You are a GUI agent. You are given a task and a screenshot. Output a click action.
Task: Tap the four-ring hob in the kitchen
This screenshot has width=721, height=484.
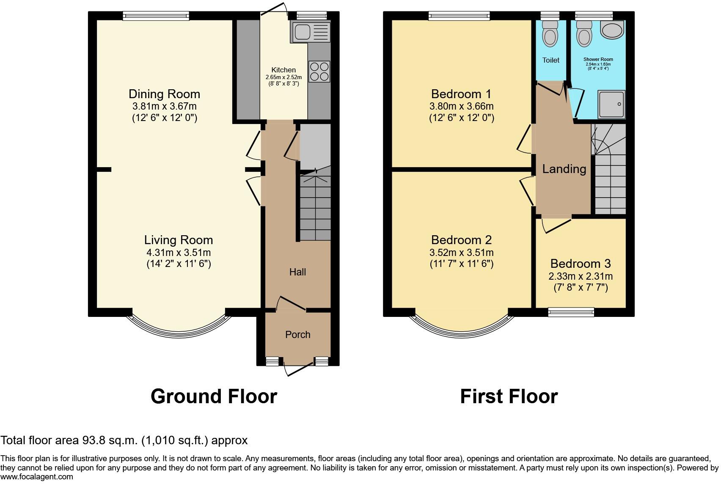(319, 71)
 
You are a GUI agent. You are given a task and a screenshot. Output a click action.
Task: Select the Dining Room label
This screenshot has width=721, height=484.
(164, 94)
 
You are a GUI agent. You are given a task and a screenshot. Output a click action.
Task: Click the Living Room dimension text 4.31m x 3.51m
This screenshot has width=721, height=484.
(179, 253)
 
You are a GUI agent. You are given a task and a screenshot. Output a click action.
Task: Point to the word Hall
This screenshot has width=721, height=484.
(297, 272)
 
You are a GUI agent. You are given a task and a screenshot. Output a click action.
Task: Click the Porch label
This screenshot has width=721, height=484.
(297, 335)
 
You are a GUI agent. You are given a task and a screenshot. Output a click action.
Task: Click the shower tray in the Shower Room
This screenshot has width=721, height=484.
(611, 104)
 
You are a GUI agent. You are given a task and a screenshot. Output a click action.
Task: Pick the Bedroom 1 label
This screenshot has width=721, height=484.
(461, 94)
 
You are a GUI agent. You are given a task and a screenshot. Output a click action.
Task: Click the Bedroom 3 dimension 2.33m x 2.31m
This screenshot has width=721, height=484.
(581, 276)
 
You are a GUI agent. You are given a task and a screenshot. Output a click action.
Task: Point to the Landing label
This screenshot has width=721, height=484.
(564, 169)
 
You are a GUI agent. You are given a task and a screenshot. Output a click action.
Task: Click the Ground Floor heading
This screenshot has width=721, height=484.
(214, 396)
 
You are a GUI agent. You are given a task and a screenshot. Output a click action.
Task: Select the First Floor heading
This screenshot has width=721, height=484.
(509, 396)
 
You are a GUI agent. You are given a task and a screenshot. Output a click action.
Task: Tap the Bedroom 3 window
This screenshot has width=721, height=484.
(571, 312)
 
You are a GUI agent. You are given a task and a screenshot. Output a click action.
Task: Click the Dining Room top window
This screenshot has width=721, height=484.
(156, 16)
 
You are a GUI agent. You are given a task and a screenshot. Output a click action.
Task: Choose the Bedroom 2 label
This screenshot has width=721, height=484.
(461, 240)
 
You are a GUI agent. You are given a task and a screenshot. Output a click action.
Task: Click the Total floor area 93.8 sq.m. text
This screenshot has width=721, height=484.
(124, 440)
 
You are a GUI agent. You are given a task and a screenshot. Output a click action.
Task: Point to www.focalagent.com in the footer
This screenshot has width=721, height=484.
(37, 477)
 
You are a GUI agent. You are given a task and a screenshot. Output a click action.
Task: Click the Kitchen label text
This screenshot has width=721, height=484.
(283, 70)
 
